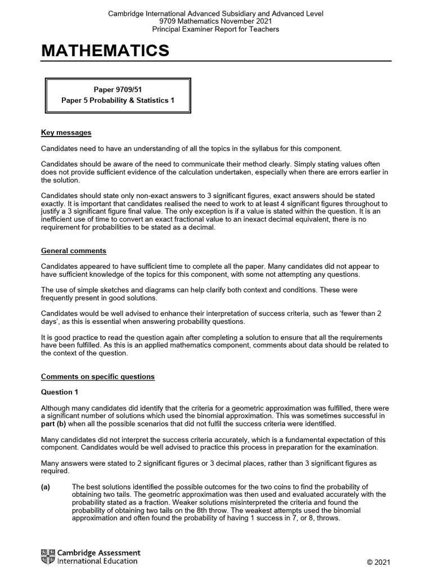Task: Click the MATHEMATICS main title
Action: click(x=105, y=51)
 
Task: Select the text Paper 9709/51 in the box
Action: click(x=118, y=89)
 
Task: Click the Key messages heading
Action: click(x=66, y=133)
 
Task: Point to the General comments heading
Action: click(x=74, y=250)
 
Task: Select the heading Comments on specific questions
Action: click(x=98, y=376)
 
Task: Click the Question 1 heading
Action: click(x=57, y=392)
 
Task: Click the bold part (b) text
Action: click(x=54, y=424)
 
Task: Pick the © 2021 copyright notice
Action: click(x=377, y=562)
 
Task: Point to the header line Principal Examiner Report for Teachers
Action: click(x=215, y=29)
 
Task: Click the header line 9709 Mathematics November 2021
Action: click(x=215, y=21)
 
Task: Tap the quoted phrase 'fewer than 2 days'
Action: click(x=361, y=314)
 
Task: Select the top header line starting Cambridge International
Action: click(x=215, y=13)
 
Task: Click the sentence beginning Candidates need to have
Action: click(x=191, y=148)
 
